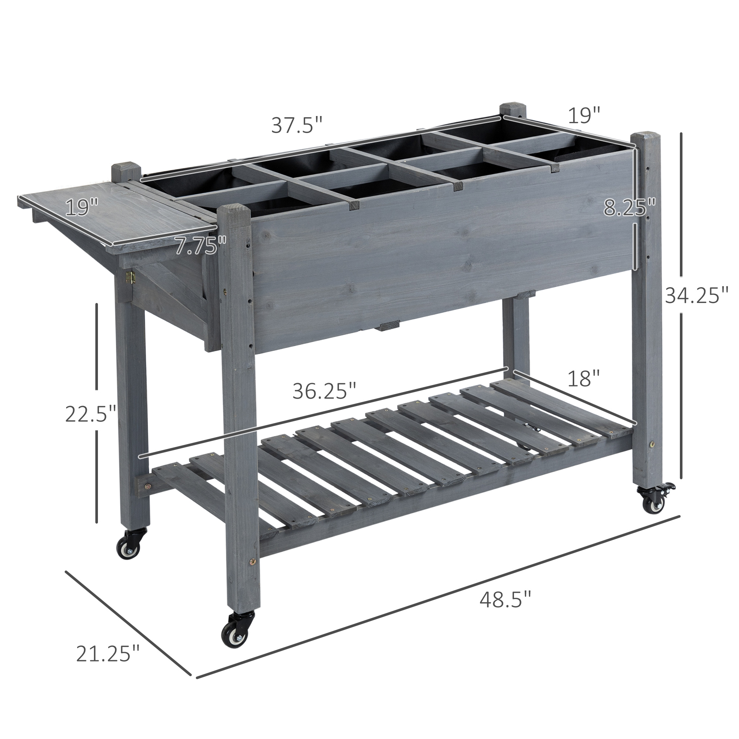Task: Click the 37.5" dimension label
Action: [297, 126]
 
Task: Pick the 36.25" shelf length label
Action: [324, 392]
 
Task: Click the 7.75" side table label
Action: [200, 246]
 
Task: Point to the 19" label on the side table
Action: [81, 208]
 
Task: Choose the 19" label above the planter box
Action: [584, 116]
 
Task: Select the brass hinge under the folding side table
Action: [130, 278]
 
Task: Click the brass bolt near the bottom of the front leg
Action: [252, 573]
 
